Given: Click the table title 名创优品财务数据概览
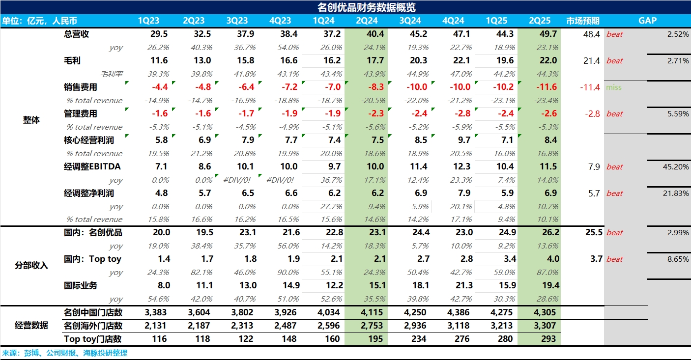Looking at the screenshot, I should point(367,7).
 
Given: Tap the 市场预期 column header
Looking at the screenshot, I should point(583,21).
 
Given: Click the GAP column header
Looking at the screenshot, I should point(647,21).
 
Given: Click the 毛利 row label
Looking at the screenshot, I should point(72,60).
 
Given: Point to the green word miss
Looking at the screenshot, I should point(614,87).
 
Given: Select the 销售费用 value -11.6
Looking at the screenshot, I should point(546,87).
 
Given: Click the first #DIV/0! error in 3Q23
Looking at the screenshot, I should point(239,180).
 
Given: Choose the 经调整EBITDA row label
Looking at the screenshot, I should point(92,166).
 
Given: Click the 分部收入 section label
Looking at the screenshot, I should point(31,266).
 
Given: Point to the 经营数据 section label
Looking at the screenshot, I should point(31,325).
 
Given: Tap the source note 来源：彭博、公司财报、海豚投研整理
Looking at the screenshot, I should point(64,353).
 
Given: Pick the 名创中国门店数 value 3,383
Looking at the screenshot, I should point(156,312).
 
